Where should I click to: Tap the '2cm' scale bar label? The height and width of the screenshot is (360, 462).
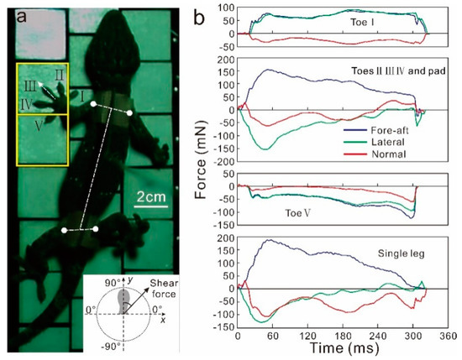(157, 198)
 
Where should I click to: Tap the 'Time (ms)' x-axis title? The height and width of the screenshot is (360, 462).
(333, 347)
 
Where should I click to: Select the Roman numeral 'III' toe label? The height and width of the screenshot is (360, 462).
(29, 85)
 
